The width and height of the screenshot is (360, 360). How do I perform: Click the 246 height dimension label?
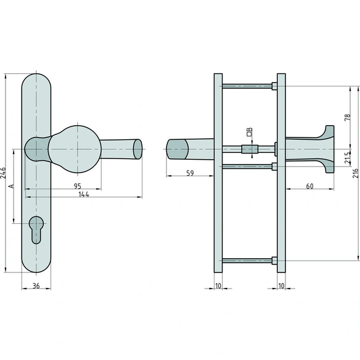pyautogui.click(x=3, y=173)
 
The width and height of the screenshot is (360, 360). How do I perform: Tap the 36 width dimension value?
pyautogui.click(x=36, y=286)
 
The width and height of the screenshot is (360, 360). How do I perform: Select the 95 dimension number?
pyautogui.click(x=78, y=186)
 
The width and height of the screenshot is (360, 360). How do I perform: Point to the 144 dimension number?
pyautogui.click(x=84, y=194)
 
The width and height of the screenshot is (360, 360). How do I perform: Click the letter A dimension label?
pyautogui.click(x=11, y=186)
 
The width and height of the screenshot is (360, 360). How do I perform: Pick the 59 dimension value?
pyautogui.click(x=190, y=173)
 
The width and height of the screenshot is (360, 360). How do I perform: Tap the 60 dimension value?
pyautogui.click(x=309, y=186)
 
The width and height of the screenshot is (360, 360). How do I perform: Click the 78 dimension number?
pyautogui.click(x=348, y=117)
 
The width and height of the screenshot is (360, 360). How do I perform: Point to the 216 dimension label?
pyautogui.click(x=356, y=173)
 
